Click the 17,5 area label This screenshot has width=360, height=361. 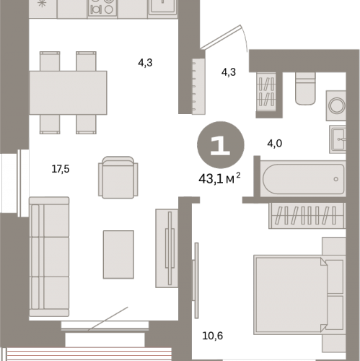tap(61, 169)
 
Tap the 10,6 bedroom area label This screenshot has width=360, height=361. tap(213, 336)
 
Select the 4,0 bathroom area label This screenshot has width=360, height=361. tap(275, 144)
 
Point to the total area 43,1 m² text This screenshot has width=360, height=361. tap(219, 178)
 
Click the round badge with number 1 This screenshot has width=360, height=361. tap(221, 145)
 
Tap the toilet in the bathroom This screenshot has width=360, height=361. tap(305, 89)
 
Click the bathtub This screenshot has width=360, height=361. tap(303, 179)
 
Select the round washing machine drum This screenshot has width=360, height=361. tap(337, 105)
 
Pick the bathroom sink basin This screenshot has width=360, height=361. tap(338, 139)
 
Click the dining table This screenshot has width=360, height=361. tap(68, 92)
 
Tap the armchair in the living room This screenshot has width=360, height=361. tap(118, 178)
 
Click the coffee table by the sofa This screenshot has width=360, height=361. tap(118, 255)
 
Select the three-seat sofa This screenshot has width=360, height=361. tap(49, 256)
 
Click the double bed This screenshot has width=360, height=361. tap(299, 295)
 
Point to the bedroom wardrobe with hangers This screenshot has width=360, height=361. tap(307, 215)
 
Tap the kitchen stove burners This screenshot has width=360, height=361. tap(102, 8)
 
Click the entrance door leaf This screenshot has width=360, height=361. tap(221, 38)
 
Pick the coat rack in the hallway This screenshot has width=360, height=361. tap(198, 86)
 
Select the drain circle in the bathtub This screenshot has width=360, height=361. tap(336, 179)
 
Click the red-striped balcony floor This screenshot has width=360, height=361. tap(89, 355)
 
